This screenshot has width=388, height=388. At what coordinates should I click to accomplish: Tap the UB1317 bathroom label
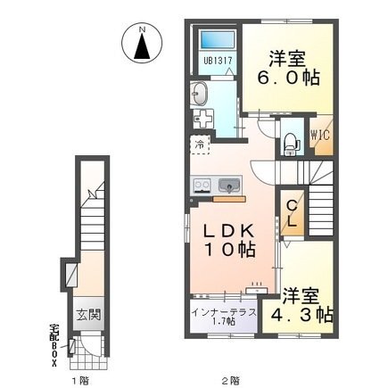tap(218, 61)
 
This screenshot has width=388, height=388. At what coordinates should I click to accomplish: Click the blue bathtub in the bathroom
tap(218, 40)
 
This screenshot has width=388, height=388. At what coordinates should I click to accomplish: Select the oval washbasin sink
tap(200, 94)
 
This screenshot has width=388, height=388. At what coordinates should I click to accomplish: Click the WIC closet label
tap(320, 136)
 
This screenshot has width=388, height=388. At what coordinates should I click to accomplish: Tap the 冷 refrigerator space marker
tap(200, 144)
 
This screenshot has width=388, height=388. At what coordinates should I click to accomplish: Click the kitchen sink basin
tap(229, 186)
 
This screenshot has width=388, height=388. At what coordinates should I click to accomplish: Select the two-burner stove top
tap(202, 186)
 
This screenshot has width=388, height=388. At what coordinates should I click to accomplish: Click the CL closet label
tap(293, 213)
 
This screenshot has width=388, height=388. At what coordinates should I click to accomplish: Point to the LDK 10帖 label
tap(229, 240)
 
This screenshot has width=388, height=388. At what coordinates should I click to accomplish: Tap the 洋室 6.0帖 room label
tap(287, 68)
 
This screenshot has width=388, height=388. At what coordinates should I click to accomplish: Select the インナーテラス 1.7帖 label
tap(224, 317)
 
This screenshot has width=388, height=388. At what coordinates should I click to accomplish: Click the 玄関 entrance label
tap(88, 315)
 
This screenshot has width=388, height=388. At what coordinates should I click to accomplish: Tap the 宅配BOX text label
tap(54, 345)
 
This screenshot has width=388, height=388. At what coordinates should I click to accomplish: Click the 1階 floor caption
tap(80, 380)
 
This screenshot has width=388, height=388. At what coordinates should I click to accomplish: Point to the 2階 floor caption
tap(231, 380)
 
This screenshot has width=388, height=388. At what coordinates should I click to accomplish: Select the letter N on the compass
tap(143, 29)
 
